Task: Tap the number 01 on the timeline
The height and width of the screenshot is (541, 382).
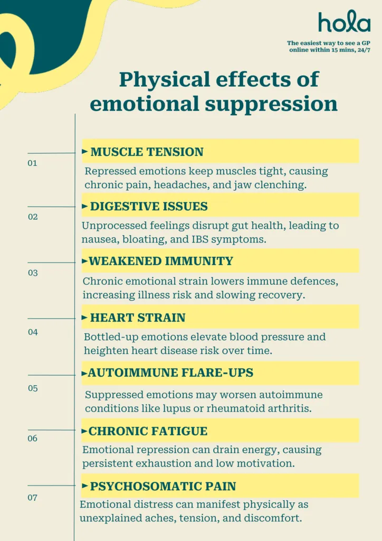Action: click(32, 163)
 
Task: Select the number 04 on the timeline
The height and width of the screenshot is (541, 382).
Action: click(33, 332)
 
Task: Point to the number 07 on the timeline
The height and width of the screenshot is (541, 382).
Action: click(32, 498)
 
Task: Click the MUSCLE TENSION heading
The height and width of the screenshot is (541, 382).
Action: click(147, 152)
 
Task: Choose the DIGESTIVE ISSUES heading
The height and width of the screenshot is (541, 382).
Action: click(149, 207)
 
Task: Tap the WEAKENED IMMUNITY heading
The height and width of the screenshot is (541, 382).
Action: click(161, 261)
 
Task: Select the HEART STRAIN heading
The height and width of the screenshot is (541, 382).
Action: click(138, 318)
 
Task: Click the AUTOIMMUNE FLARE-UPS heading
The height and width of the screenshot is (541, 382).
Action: click(170, 372)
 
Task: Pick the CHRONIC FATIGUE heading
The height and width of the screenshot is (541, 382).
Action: click(148, 431)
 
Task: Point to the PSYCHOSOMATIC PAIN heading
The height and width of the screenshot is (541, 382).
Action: click(163, 486)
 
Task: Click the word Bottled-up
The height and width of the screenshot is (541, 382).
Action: click(111, 337)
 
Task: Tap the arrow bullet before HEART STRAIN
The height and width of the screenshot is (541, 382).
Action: click(84, 318)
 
